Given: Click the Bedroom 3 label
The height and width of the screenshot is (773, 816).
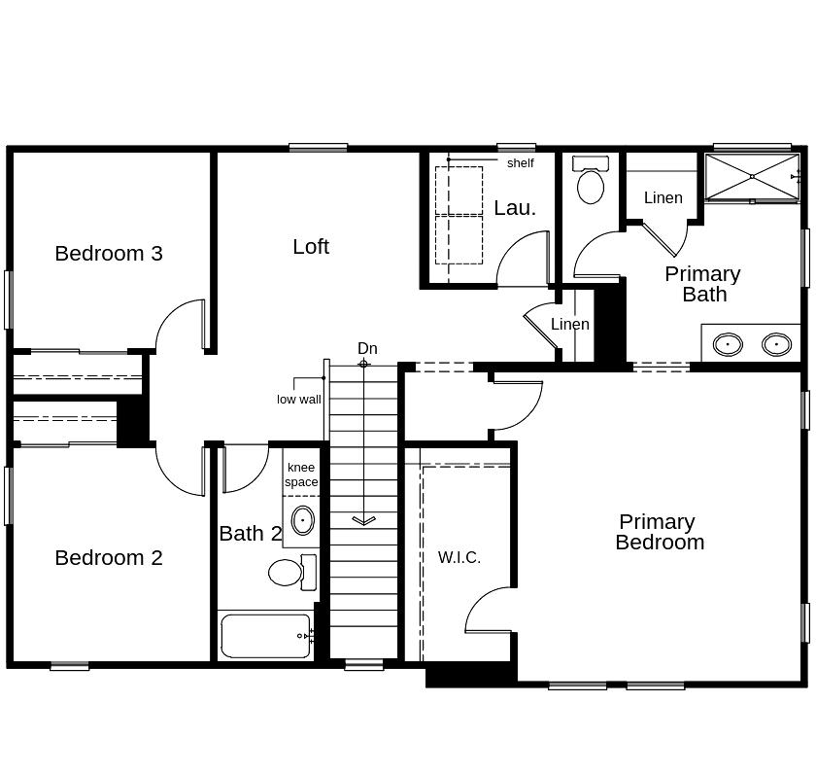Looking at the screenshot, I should pos(109,253).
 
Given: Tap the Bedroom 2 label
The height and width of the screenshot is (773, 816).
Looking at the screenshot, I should pos(109,557).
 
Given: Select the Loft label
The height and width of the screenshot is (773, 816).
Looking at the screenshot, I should pos(311,246).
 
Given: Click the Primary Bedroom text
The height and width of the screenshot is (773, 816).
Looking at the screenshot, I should pos(659,532).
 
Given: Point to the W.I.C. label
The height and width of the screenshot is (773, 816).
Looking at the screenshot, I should pos(459,557).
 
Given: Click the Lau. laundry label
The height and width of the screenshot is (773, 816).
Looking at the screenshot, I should pos(514,207).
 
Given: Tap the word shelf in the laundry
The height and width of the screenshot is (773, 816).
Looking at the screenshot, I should pos(520,163).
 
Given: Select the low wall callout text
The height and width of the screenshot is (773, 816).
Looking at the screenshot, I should pos(298,400).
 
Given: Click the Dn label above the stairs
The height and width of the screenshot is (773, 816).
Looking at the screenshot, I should pos(367,348).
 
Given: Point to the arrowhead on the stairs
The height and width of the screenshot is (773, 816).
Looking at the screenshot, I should pos(363,520).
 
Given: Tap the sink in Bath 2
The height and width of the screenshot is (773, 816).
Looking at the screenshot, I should pos(303,521).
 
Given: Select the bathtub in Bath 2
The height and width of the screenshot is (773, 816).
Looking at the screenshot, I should pos(265,636).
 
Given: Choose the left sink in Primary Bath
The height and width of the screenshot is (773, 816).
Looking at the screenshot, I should pos(728,344).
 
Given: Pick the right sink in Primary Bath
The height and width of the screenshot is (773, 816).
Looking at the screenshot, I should pos(776,344).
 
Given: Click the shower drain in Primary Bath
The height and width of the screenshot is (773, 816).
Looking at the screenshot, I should pos(752,176).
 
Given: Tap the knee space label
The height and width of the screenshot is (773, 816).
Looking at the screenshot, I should pos(301,474).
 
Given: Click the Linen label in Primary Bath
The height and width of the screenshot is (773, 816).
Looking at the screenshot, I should pos(663,197).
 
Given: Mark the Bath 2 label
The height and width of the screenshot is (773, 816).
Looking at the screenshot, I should pos(250,533).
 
